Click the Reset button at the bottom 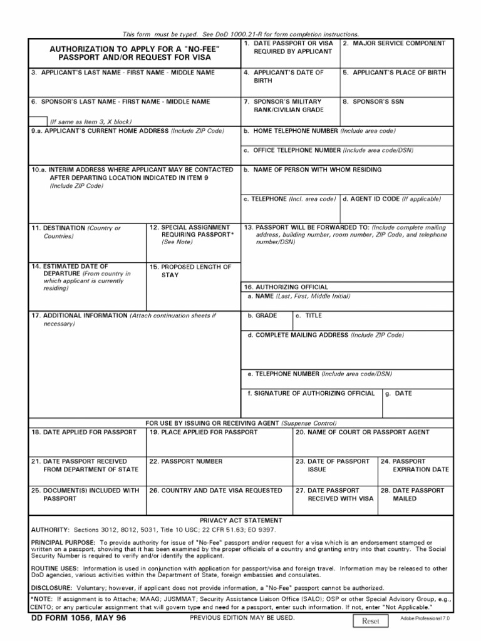coord(371,621)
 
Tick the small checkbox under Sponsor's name coord(38,121)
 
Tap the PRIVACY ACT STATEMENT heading coord(240,520)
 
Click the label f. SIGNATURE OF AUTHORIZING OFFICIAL coord(312,394)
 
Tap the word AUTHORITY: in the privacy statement coord(50,529)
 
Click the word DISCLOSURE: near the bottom coord(53,588)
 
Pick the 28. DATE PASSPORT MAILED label coord(413,495)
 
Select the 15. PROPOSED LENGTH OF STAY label coord(190,270)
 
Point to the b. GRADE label coord(262,316)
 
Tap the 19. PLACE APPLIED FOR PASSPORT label coord(203,432)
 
